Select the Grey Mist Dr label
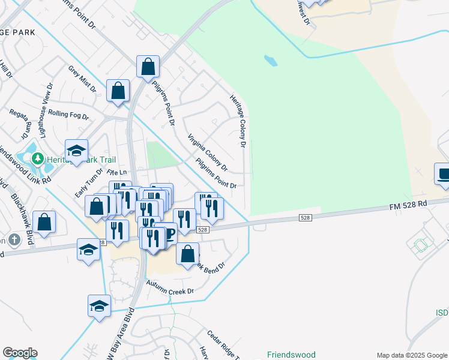82,79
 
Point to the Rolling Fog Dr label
68,115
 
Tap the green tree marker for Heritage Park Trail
38,159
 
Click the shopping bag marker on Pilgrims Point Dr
148,67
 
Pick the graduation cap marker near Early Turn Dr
77,151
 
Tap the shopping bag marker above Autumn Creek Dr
187,253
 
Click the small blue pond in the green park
271,61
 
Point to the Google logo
20,353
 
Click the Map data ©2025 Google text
411,355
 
